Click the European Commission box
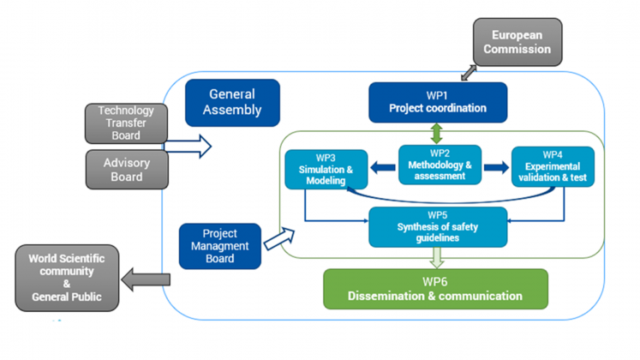coord(517,42)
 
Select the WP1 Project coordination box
coord(437,102)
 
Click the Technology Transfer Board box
coord(125,123)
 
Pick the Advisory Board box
coord(125,169)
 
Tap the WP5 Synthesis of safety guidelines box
coord(437,226)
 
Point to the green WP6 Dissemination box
coord(435,289)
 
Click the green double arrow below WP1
coord(437,133)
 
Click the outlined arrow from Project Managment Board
coord(278,238)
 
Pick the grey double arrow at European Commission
coord(470,69)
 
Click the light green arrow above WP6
coord(437,256)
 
